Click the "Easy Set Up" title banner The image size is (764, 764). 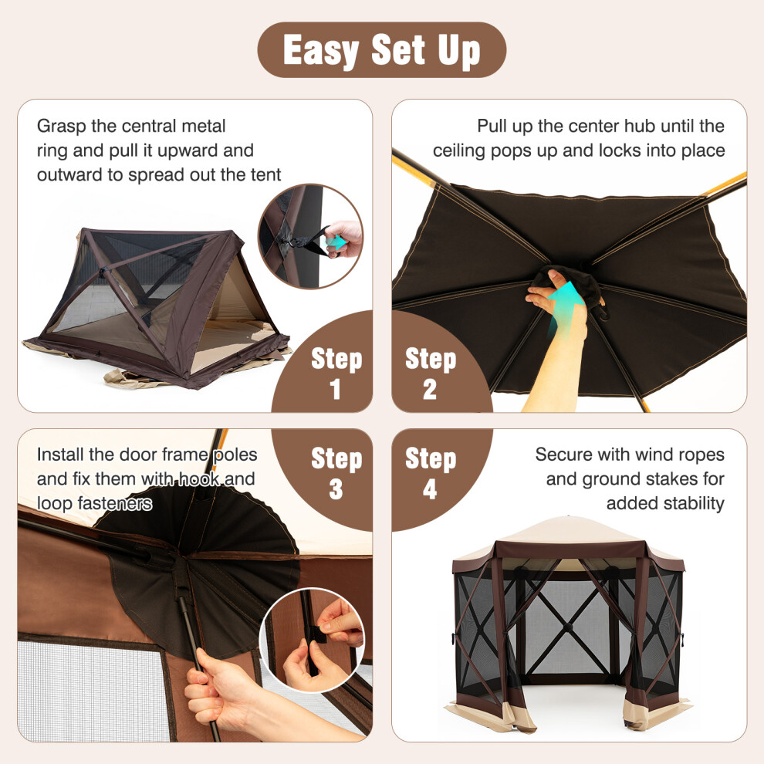(381, 49)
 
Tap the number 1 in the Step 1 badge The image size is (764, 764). (335, 389)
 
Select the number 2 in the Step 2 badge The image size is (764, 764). (430, 389)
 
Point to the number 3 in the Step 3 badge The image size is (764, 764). (336, 488)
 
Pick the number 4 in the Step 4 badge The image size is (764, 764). (430, 488)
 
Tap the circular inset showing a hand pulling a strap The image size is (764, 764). (310, 236)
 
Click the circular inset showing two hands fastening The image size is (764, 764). (313, 641)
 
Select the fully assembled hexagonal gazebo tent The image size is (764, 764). (568, 624)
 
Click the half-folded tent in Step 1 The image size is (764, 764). (157, 308)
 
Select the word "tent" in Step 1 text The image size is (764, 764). (265, 175)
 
